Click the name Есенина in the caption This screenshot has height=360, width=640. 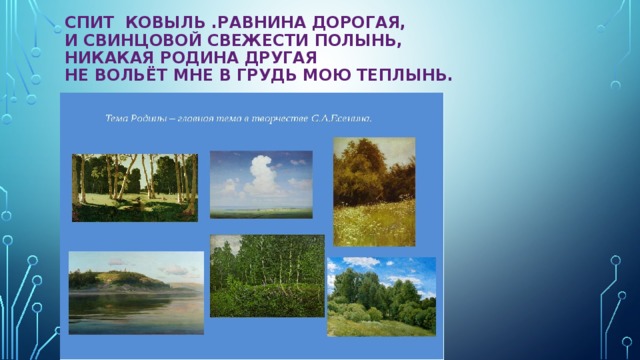point(350,118)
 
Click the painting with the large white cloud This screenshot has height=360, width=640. point(261,184)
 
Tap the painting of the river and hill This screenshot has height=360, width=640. point(136,292)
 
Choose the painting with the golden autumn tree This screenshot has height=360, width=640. point(374,191)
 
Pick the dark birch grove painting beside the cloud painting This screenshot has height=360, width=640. point(135,187)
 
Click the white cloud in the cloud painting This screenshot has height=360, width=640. point(263,175)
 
